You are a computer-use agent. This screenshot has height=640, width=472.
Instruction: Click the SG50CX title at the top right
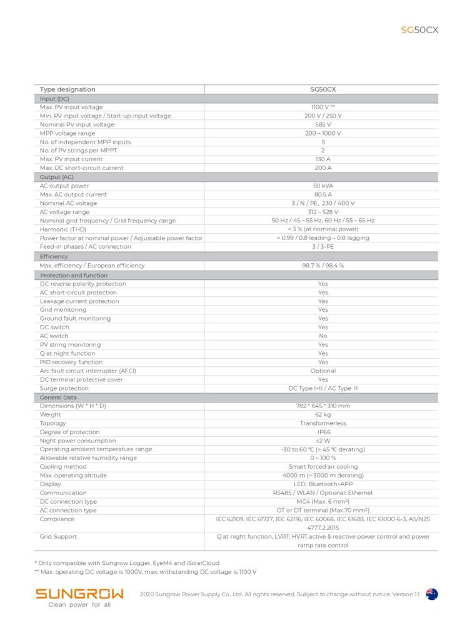click(x=419, y=30)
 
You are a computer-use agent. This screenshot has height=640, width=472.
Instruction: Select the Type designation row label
click(x=68, y=89)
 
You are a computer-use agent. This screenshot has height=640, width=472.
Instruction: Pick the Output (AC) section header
click(x=57, y=177)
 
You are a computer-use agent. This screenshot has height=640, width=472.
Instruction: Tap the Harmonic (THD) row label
click(x=63, y=229)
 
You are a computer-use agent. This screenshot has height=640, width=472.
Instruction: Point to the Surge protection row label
click(x=64, y=388)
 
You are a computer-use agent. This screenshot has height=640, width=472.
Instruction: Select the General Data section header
click(x=58, y=397)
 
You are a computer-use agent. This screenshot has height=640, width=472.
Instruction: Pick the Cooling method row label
click(x=64, y=467)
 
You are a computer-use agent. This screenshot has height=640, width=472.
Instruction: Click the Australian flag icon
click(x=432, y=594)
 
